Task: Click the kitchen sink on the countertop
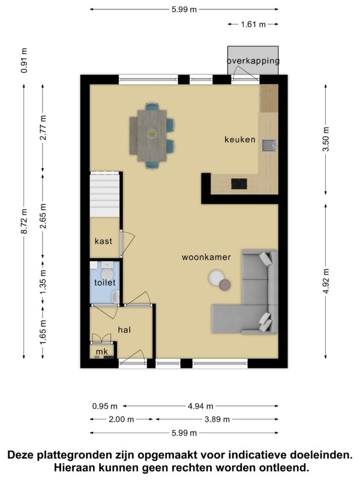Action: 268,145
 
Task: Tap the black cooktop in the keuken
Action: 239,184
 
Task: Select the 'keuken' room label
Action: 239,140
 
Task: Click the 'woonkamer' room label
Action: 206,257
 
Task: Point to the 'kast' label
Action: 103,241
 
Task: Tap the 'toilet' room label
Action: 104,282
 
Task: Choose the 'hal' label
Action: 124,329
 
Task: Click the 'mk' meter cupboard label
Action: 102,352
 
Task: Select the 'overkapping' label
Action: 253,61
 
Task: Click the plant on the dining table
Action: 152,133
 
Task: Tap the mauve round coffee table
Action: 225,284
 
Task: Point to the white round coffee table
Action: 216,277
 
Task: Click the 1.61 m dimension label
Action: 253,24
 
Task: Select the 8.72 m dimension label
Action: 24,221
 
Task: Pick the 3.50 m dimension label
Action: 326,139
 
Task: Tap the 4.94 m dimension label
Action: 200,406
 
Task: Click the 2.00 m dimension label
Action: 121,419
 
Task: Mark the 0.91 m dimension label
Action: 24,61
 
